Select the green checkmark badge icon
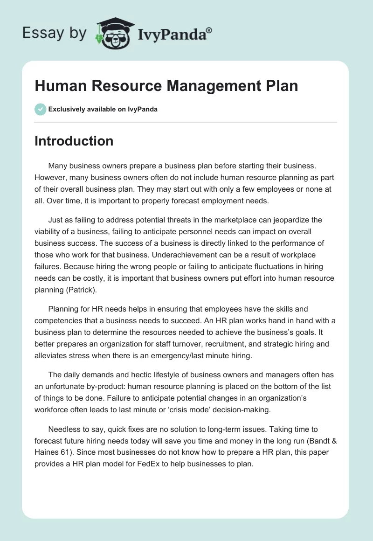(x=40, y=109)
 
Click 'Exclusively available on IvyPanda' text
(x=103, y=109)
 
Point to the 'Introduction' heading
(x=74, y=141)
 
